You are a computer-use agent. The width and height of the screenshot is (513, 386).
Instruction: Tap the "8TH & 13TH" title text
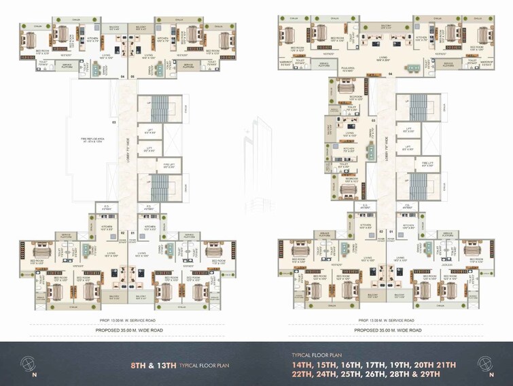coord(154,365)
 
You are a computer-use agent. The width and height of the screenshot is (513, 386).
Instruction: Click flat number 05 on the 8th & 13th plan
coord(133,76)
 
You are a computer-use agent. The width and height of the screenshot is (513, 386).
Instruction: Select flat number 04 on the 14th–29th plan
coord(391,74)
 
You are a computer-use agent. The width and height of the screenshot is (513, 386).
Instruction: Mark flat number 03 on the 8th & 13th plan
coord(114,122)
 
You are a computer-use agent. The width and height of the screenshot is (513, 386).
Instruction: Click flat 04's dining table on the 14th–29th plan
coord(411,69)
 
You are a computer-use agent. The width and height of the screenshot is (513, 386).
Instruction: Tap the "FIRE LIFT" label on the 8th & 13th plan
coord(150,164)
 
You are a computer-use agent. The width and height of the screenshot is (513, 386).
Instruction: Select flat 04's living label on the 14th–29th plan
coord(383,58)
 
